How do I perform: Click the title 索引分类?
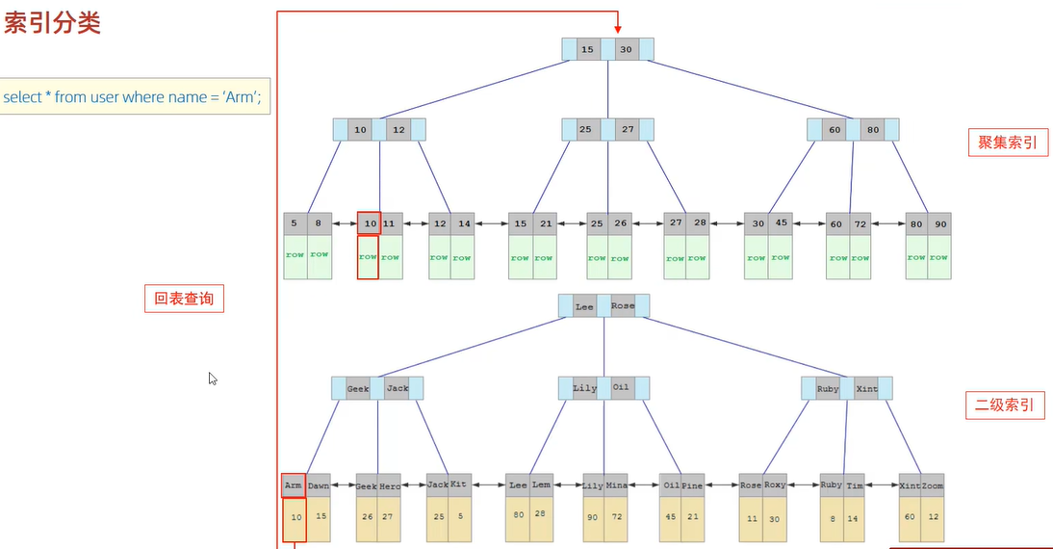click(52, 25)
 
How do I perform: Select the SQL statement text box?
click(134, 96)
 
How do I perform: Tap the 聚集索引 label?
click(1007, 143)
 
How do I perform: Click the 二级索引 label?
click(1005, 405)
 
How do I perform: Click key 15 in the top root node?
click(588, 49)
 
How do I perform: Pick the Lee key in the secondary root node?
click(584, 306)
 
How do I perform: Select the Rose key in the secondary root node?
click(623, 306)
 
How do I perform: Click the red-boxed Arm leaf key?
click(294, 485)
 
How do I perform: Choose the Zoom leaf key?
click(932, 486)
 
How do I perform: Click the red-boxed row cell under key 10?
click(368, 257)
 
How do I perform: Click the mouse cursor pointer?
click(213, 379)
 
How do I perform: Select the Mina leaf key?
click(617, 486)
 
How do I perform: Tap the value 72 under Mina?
click(617, 517)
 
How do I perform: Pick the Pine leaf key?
click(693, 486)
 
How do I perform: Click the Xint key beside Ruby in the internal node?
click(866, 389)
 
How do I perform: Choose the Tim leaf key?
click(855, 486)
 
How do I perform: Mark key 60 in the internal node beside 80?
click(835, 130)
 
